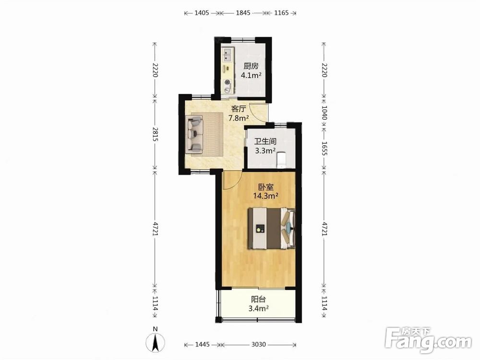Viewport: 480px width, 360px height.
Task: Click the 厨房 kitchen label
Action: click(x=251, y=66)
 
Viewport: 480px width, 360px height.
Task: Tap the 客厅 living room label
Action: click(x=239, y=108)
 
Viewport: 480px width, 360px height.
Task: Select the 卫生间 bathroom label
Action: click(x=265, y=141)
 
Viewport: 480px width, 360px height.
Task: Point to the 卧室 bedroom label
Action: click(x=266, y=187)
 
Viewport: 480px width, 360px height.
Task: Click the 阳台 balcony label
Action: click(x=259, y=299)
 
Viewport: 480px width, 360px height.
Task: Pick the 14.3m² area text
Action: click(x=266, y=196)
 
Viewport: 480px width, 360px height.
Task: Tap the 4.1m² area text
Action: click(x=251, y=75)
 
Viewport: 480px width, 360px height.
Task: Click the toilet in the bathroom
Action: click(x=281, y=160)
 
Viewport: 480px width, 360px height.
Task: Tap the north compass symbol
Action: click(x=156, y=341)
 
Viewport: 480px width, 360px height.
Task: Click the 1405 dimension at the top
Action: click(x=202, y=13)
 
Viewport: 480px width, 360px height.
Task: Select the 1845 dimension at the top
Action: click(x=243, y=13)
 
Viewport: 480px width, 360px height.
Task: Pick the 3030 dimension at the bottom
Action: click(x=259, y=345)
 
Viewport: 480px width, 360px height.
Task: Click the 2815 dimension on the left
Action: click(x=155, y=134)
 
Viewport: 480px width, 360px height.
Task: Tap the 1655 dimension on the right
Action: click(x=324, y=148)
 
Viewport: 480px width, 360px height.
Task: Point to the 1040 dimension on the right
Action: click(x=324, y=113)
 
